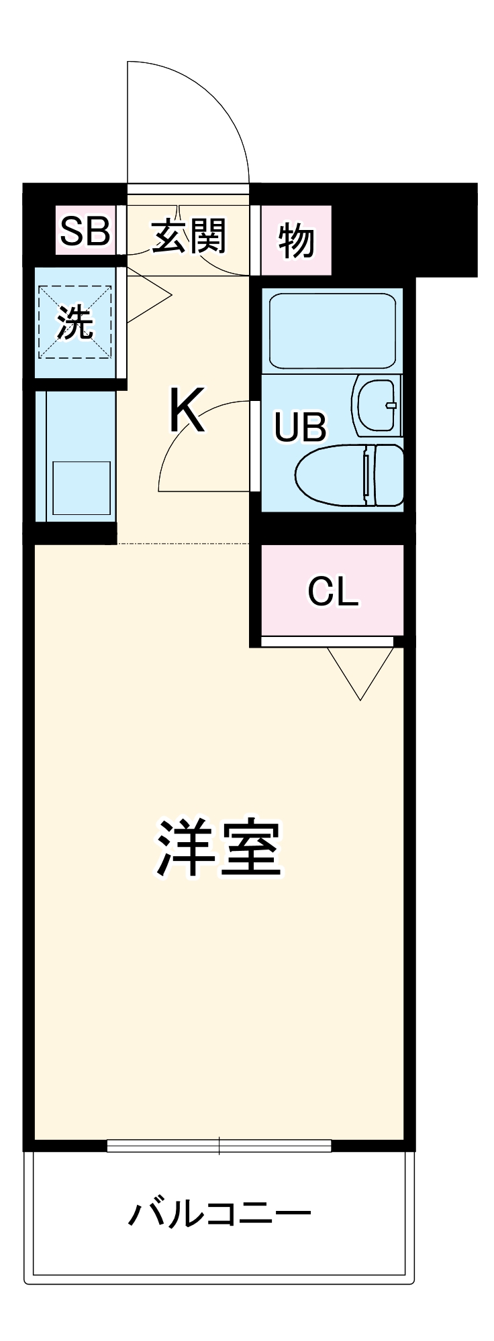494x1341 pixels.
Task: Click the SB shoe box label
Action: click(85, 231)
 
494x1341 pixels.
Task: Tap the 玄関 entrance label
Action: click(189, 235)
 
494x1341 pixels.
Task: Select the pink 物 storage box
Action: click(296, 240)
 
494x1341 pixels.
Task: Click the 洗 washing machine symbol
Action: click(75, 323)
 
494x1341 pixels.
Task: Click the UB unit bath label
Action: click(300, 427)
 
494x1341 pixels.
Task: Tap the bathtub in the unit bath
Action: click(332, 331)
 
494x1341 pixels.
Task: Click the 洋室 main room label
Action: click(218, 848)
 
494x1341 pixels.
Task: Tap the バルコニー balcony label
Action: click(219, 1214)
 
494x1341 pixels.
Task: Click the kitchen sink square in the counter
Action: click(81, 488)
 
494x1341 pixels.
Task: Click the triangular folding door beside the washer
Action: click(148, 295)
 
